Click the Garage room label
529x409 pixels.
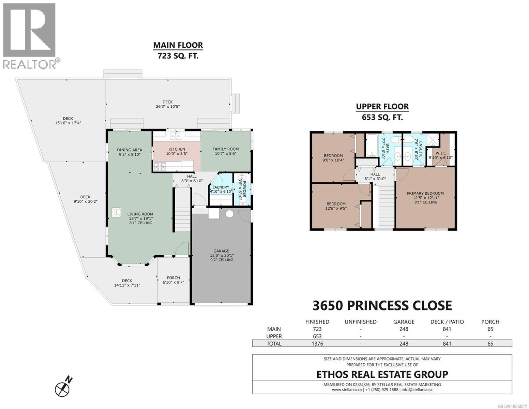point(221,251)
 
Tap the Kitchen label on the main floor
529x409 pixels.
point(177,149)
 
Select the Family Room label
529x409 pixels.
point(225,149)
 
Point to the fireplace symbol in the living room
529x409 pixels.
point(116,212)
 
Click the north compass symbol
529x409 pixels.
point(63,387)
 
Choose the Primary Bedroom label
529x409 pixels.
point(425,193)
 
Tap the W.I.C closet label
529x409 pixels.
point(440,153)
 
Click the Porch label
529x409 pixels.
point(173,278)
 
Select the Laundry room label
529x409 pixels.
point(221,187)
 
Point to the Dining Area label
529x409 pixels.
point(129,150)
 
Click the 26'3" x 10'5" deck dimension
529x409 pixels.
point(167,106)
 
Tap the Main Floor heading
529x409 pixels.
point(178,45)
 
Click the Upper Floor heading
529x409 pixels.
point(382,107)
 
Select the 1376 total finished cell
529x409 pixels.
point(317,344)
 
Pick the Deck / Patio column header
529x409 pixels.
point(447,322)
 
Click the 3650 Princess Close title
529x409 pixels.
point(382,305)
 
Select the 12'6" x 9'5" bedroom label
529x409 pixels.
point(336,206)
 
